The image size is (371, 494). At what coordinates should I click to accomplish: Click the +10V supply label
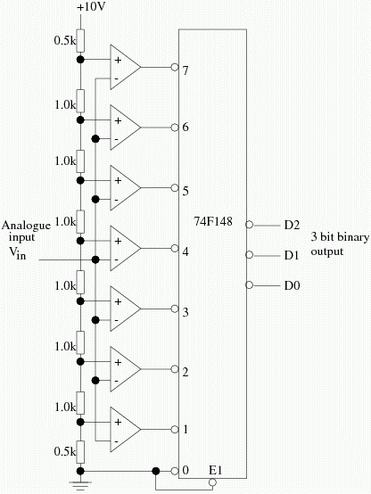click(90, 7)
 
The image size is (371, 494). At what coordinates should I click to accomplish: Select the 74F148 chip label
click(213, 221)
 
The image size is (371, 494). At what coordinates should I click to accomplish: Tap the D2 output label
click(292, 226)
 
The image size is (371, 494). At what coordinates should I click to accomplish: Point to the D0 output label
click(292, 285)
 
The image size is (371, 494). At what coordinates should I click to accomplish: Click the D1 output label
click(292, 255)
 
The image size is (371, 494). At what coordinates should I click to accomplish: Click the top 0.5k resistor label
click(65, 41)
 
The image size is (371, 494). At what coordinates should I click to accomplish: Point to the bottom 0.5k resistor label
click(65, 452)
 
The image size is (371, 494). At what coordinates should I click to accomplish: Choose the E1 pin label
click(216, 471)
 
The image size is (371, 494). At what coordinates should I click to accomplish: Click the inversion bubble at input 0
click(175, 472)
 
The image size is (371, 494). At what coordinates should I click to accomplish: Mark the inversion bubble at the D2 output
click(249, 225)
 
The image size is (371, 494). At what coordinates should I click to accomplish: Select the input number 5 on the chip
click(185, 191)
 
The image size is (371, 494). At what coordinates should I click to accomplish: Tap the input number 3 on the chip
click(185, 312)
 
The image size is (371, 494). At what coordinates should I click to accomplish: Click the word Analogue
click(26, 226)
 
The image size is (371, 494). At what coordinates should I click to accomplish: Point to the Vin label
click(17, 252)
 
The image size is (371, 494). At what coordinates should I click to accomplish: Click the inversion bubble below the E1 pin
click(213, 482)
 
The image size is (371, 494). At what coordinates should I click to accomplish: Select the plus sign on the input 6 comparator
click(118, 120)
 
